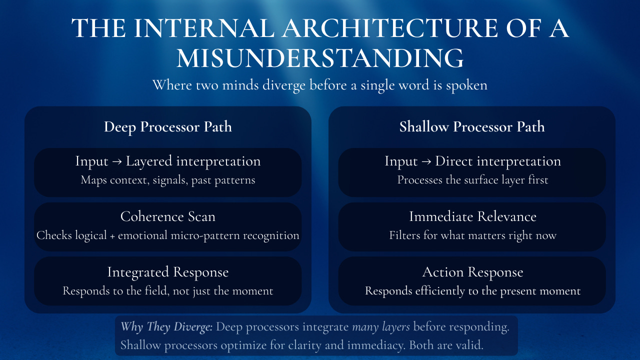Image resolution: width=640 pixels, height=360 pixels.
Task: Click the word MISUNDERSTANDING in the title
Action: click(x=320, y=58)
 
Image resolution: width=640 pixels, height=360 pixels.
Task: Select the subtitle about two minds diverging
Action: click(x=320, y=84)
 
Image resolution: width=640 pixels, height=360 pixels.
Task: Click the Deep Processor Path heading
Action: click(x=168, y=126)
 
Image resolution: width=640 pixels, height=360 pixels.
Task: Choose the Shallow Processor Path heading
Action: click(x=472, y=126)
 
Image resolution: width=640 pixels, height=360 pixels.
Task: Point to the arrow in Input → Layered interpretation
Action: click(x=117, y=161)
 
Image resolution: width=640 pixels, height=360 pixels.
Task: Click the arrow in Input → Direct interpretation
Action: click(x=426, y=161)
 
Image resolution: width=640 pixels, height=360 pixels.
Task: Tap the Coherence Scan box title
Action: click(x=168, y=216)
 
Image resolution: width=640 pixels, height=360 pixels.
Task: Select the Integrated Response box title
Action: click(x=168, y=272)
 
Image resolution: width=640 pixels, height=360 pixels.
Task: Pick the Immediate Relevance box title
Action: click(x=472, y=216)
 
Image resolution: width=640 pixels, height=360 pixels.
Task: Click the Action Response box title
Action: click(x=472, y=272)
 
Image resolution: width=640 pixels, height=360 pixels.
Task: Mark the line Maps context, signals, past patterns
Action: click(x=168, y=180)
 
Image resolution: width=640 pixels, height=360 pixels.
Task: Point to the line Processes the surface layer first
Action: click(x=472, y=180)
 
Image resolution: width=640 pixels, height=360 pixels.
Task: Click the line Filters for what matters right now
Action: click(x=472, y=235)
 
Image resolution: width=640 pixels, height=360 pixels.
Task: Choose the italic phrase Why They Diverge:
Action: click(x=166, y=327)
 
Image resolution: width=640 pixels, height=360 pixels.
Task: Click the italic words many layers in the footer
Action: click(x=381, y=327)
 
